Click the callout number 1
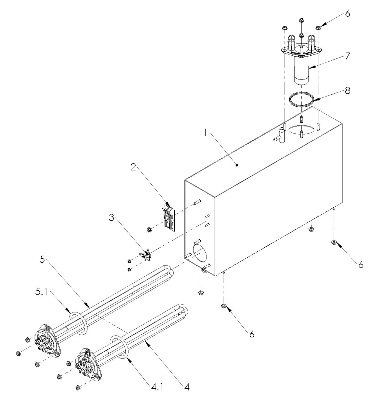[x=205, y=133]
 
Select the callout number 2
[x=133, y=167]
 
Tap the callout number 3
[x=112, y=217]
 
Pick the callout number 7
[x=347, y=56]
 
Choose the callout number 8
[x=348, y=91]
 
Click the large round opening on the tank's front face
[x=200, y=252]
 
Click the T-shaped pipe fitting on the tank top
[x=280, y=136]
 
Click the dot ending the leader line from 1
[x=237, y=165]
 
